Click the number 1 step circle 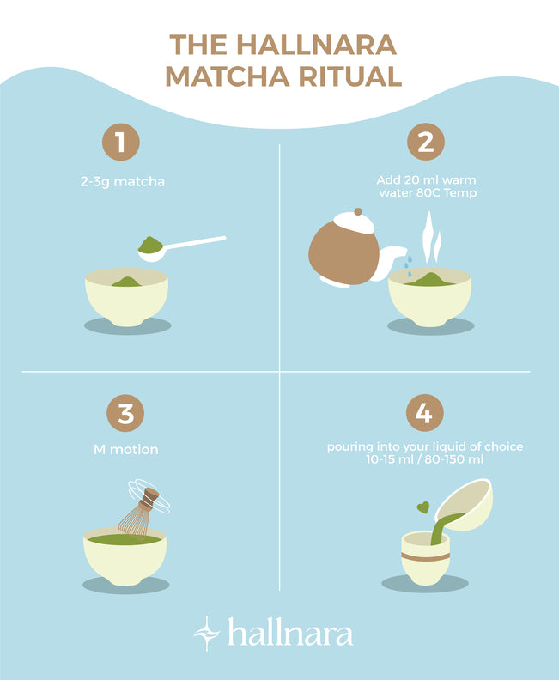120,142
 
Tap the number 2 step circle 425,142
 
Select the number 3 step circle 125,413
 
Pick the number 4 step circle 424,412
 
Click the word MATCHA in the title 228,76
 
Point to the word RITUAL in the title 350,76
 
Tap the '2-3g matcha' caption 123,181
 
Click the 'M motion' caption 125,449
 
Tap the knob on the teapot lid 358,211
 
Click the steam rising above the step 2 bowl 432,238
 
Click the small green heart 423,507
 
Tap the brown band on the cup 425,557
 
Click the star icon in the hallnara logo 206,634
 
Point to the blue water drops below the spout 408,265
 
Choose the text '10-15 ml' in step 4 390,459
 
